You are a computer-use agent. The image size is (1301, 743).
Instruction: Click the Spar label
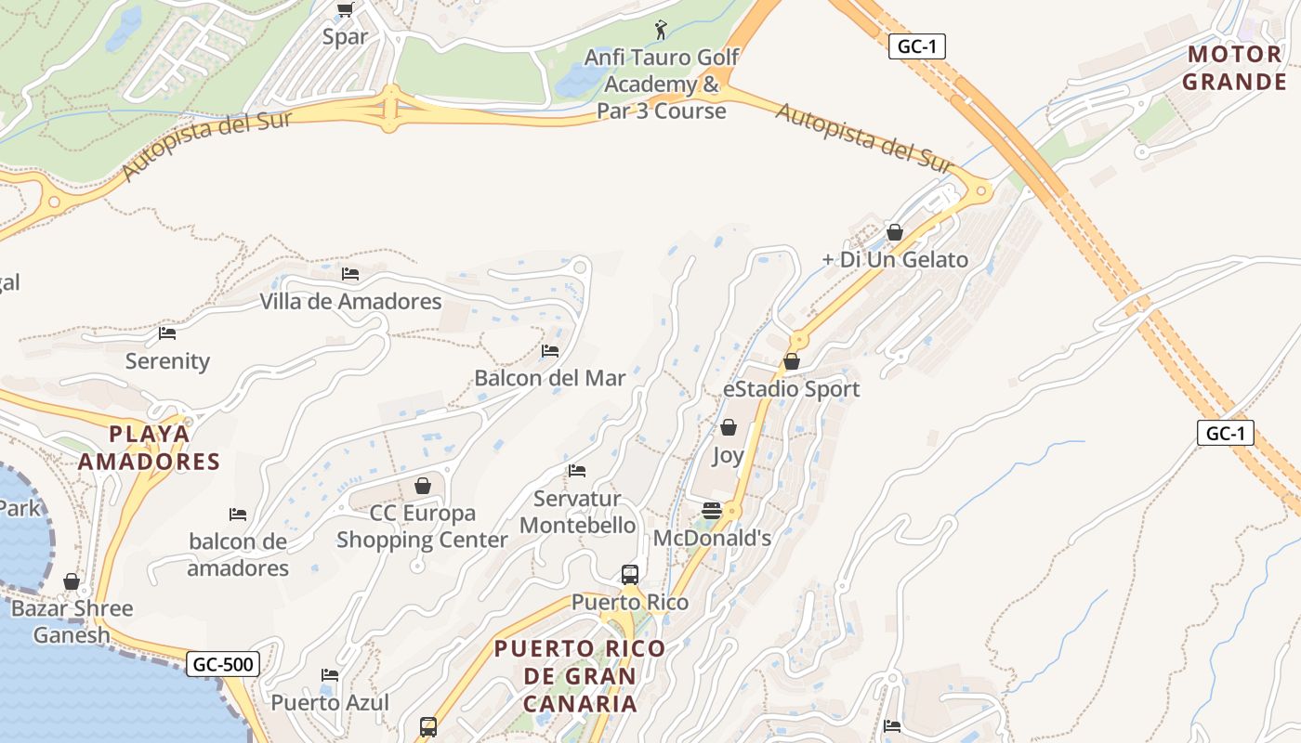coord(345,37)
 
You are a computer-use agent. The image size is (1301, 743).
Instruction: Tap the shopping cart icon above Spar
coord(345,9)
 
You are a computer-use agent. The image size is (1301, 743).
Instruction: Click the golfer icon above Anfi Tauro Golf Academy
coord(661,30)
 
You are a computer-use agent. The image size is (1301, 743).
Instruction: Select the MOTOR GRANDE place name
coord(1234,68)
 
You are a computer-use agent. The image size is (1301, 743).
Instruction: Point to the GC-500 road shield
coord(223,664)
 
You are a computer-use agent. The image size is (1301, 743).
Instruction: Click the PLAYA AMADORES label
coord(149,448)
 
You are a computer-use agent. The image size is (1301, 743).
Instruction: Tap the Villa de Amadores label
coord(350,302)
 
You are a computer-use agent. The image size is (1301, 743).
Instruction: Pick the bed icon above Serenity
coord(167,332)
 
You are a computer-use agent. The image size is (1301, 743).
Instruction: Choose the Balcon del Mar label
coord(550,378)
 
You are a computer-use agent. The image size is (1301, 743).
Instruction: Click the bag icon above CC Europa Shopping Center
coord(423,486)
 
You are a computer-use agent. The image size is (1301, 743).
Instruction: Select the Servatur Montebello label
coord(577,512)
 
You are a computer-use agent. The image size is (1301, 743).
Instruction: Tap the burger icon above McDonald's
coord(712,510)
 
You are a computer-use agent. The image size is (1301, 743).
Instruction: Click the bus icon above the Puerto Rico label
coord(630,574)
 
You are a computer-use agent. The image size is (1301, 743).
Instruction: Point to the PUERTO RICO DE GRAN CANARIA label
coord(580,676)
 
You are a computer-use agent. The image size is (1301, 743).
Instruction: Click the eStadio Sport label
coord(792,389)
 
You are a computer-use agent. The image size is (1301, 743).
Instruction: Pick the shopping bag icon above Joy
coord(729,427)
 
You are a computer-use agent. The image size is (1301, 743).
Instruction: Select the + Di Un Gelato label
coord(895,260)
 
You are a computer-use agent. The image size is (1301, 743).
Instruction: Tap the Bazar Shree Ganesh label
coord(72,622)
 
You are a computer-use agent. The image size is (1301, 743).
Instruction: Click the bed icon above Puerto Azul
coord(330,674)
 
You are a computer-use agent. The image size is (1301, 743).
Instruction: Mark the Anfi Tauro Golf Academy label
coord(662,84)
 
